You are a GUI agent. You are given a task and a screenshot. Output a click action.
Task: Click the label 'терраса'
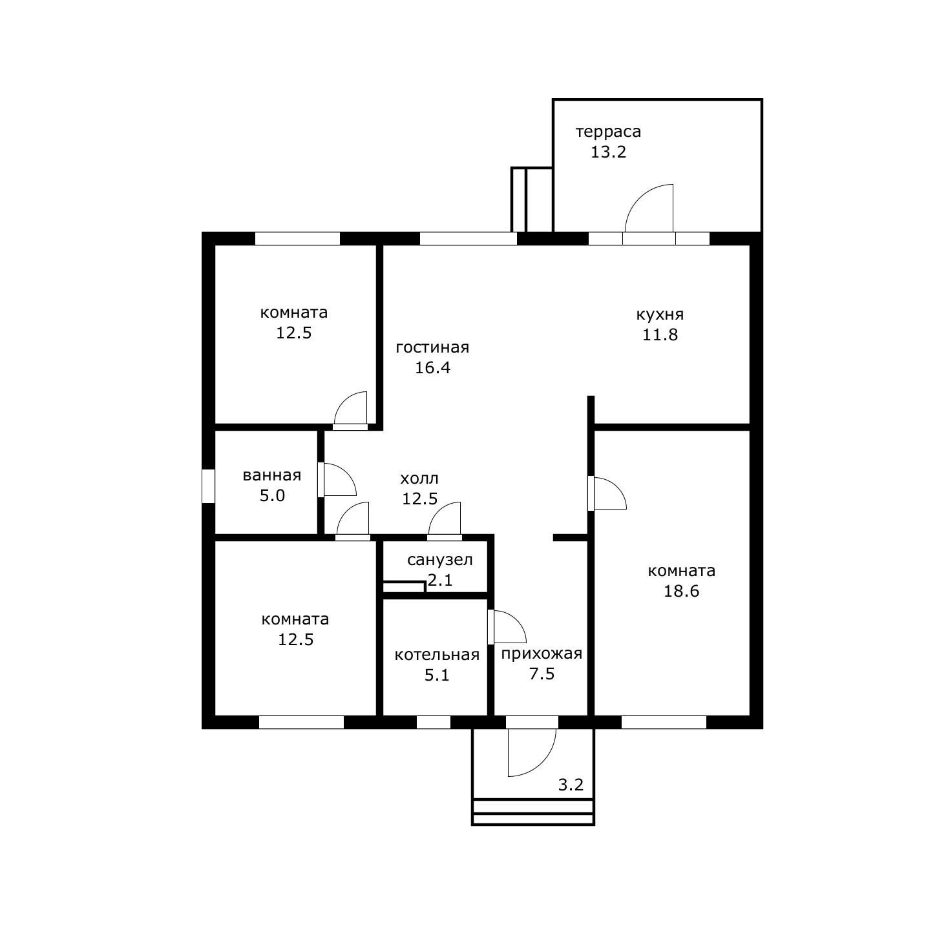click(x=608, y=132)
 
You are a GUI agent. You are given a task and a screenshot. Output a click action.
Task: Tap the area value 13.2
click(x=608, y=152)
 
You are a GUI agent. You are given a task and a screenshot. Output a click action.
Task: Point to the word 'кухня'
click(x=660, y=315)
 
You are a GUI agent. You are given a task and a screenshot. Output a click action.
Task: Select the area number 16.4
click(x=432, y=368)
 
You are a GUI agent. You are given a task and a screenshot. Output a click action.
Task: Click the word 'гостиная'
click(x=432, y=348)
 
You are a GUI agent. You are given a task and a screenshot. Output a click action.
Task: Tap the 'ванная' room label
click(x=272, y=476)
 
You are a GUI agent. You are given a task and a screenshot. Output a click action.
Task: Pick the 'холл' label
click(x=419, y=479)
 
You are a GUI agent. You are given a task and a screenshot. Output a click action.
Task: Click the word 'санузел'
click(x=439, y=560)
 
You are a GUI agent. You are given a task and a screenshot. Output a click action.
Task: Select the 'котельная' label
click(x=437, y=655)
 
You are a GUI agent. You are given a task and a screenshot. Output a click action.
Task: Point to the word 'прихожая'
click(x=542, y=654)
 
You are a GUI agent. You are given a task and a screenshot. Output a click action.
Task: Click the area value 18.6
click(x=681, y=592)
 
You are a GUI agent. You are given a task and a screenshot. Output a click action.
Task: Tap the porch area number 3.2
click(x=571, y=785)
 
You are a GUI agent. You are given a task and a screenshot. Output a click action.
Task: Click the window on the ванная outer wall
click(x=208, y=486)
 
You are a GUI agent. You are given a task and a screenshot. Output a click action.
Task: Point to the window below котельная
click(x=434, y=722)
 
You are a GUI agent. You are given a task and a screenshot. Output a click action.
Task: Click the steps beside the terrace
click(x=532, y=200)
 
